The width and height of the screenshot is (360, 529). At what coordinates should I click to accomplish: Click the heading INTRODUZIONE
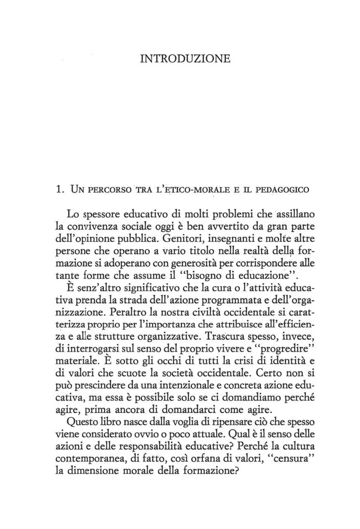(x=185, y=58)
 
